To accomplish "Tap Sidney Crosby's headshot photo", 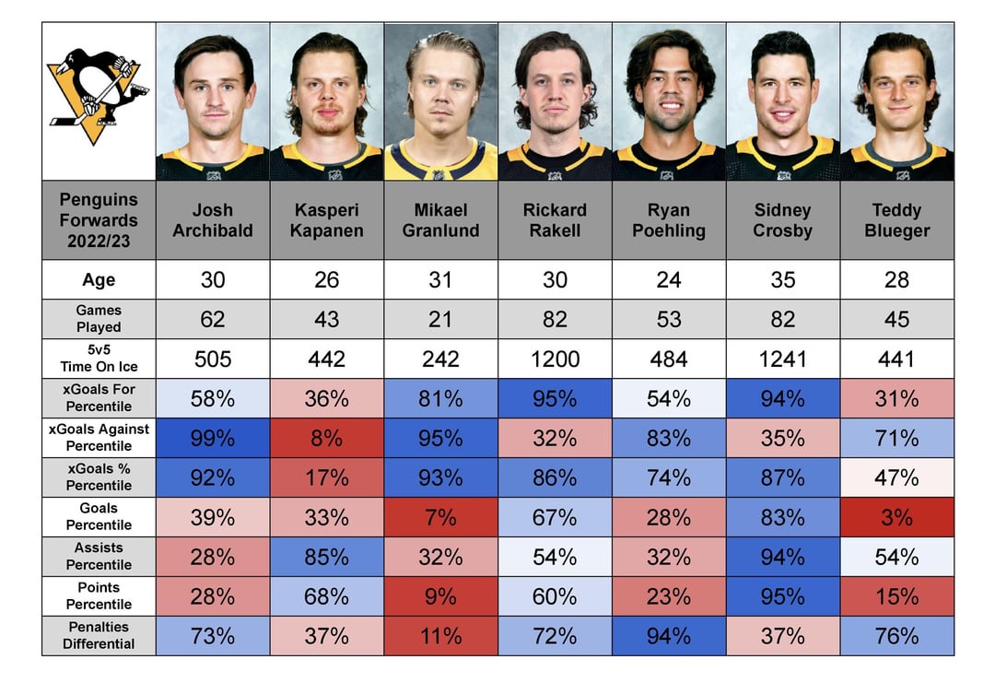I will point(782,101).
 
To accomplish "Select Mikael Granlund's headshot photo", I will point(440,101).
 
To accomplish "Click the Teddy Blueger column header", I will point(896,220).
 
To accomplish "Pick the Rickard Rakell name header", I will point(555,220).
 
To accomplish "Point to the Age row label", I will point(99,279).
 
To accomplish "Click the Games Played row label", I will point(99,319).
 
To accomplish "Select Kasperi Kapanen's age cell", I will point(326,279).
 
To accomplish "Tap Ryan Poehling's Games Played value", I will point(669,319).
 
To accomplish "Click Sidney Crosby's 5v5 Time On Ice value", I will point(782,359).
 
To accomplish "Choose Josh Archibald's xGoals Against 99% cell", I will point(212,438).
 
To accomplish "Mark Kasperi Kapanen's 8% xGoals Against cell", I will point(326,438).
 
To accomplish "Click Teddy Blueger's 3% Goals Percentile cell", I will point(896,517).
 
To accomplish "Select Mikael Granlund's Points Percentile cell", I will point(440,596).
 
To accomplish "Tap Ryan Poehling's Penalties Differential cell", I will point(669,636).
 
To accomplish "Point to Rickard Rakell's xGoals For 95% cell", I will point(555,398).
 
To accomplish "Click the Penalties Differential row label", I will point(99,636).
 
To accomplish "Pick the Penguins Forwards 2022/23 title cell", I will point(99,220).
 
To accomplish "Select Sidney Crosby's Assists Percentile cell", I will point(782,557).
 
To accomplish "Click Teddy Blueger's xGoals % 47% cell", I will point(896,477).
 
